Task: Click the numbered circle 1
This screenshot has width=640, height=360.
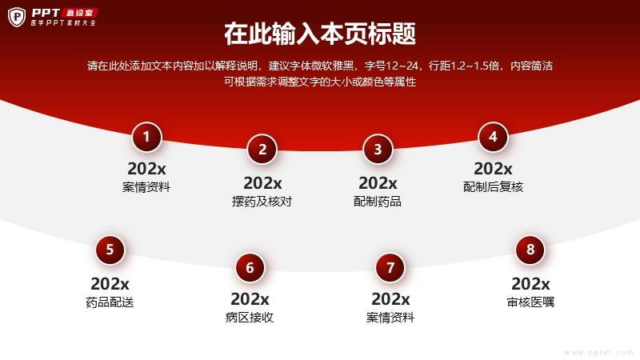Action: pos(146,137)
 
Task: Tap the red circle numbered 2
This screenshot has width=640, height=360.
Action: pos(262,150)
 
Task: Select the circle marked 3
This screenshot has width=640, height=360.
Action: pos(378,150)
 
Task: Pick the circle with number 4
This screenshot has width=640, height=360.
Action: pos(493,137)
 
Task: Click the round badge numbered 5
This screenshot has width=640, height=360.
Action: pos(110,250)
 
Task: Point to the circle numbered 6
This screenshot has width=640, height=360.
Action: pos(250,268)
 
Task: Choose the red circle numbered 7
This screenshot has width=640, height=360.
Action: pos(390,268)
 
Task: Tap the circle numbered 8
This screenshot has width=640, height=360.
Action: pos(530,250)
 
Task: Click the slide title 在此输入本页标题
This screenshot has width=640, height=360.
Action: pos(320,34)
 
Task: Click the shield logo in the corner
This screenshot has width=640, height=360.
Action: pos(17,17)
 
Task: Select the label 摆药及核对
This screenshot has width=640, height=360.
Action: pos(262,202)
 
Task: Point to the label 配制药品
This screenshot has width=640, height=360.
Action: pos(378,202)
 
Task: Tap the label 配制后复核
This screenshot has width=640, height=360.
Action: pos(493,187)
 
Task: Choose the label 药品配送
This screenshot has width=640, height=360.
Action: pos(110,302)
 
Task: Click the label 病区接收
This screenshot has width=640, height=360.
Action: pos(250,317)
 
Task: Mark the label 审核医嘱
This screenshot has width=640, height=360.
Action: pos(530,302)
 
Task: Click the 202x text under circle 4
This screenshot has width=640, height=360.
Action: pos(493,169)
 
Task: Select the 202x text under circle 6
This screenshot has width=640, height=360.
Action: pos(250,299)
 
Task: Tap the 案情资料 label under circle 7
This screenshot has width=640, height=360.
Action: pos(390,317)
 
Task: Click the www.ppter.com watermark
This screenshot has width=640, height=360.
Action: pos(599,352)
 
